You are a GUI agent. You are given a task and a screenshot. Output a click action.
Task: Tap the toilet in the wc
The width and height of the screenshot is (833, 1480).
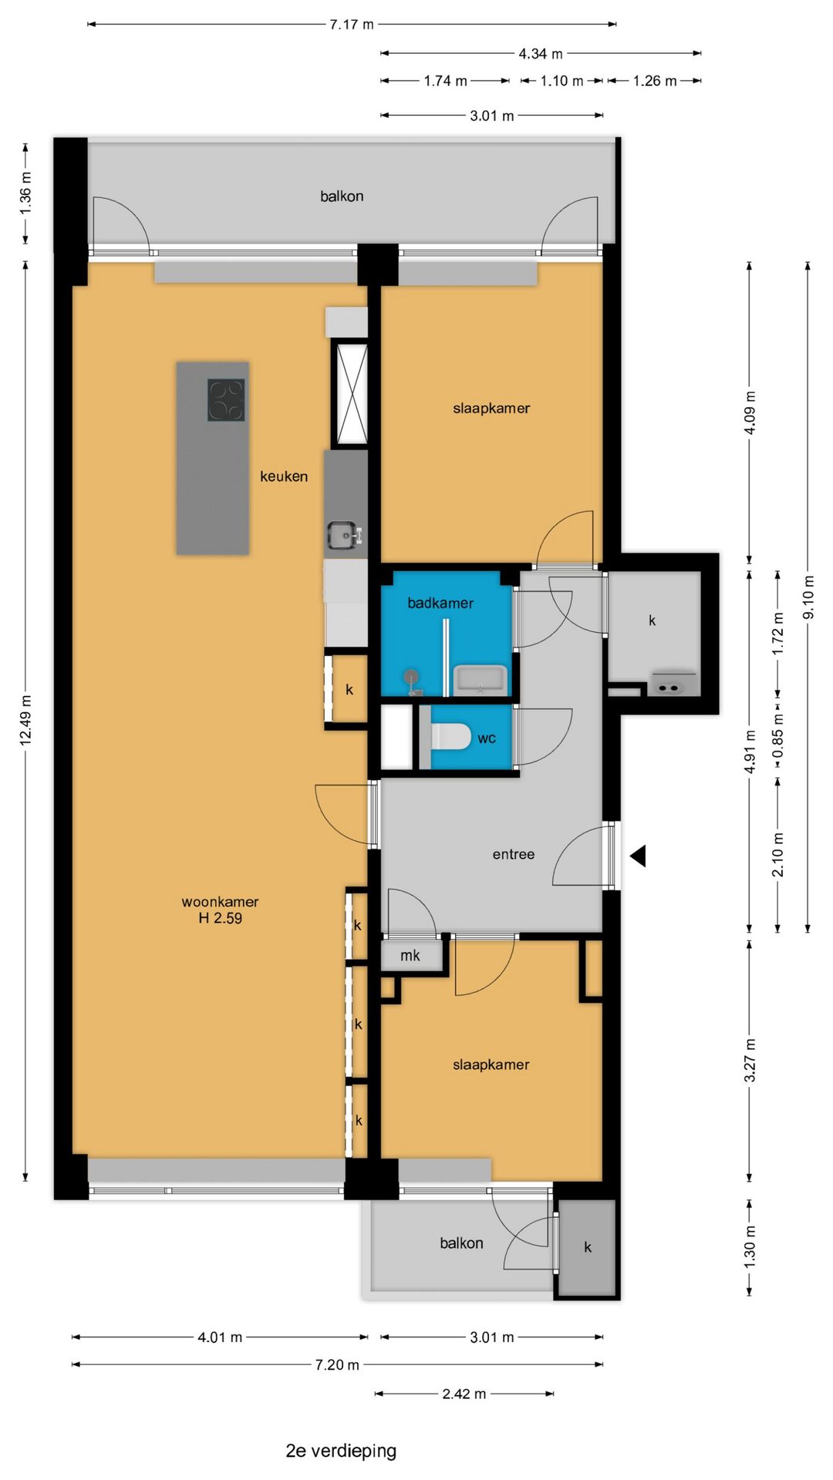450,737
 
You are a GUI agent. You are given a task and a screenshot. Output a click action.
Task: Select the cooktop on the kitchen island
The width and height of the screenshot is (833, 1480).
226,400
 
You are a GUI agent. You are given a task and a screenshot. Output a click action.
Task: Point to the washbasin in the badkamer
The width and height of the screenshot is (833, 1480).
480,680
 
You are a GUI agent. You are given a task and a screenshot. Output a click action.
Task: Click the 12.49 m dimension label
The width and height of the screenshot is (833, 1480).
25,720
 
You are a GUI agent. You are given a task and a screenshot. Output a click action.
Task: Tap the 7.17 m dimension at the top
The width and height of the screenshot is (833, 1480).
352,25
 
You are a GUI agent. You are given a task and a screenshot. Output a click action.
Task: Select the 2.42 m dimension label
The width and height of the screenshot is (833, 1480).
464,1394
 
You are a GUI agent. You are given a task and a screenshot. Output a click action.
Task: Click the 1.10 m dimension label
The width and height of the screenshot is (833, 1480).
562,81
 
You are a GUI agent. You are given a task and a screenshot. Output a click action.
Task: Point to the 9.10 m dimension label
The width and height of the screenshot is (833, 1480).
808,597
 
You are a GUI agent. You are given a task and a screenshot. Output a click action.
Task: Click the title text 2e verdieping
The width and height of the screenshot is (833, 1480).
341,1450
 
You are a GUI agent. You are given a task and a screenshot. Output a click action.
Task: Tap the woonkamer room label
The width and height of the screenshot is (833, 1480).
220,901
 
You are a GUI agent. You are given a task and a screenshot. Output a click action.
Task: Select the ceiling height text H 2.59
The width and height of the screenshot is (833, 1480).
220,918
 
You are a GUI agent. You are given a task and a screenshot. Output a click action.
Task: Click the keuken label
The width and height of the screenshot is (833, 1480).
284,476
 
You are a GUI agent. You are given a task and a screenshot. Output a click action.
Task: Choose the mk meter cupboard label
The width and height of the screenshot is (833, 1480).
410,956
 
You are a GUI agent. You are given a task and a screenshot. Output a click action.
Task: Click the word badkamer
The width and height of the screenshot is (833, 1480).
440,603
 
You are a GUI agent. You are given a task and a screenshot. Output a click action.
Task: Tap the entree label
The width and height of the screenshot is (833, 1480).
514,854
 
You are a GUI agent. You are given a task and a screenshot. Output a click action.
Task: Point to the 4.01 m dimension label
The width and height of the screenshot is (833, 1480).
220,1337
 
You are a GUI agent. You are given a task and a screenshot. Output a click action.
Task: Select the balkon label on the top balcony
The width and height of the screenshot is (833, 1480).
342,196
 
